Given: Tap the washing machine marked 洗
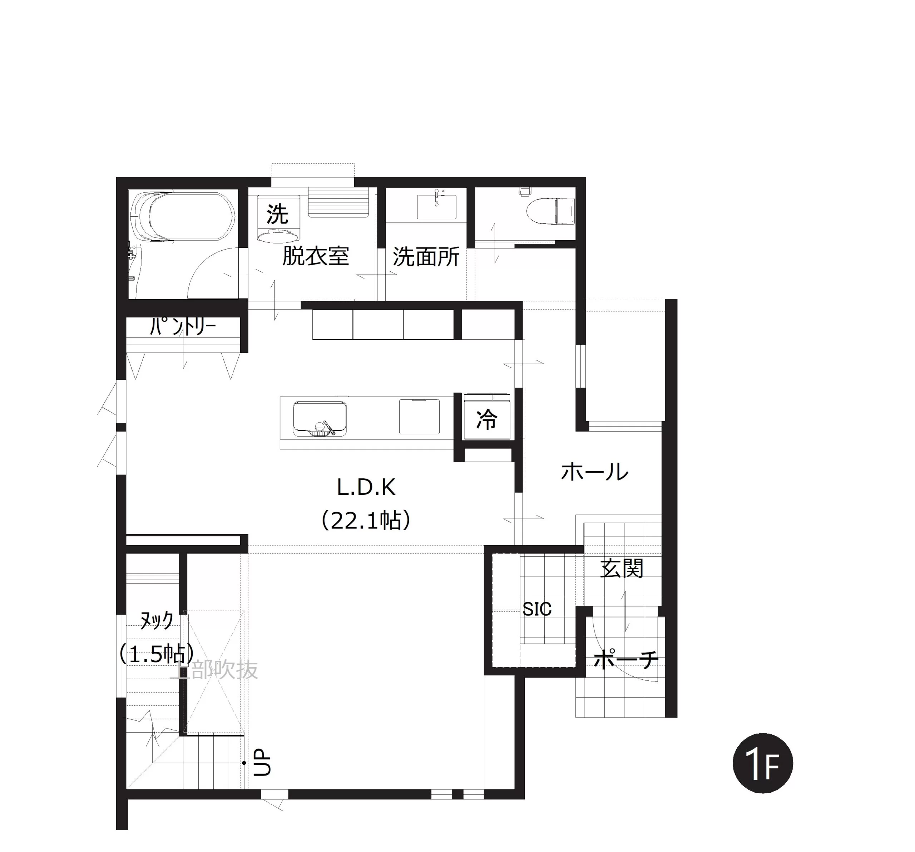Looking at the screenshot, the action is [278, 219].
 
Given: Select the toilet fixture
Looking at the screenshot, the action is [550, 210].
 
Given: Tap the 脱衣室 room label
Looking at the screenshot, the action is [316, 256].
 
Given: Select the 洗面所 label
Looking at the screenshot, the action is [426, 257].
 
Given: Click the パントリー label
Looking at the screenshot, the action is [183, 326].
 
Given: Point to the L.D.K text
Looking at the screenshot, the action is [366, 487].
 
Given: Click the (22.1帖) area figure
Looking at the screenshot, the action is [366, 521].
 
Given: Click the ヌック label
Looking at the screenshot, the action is [157, 620].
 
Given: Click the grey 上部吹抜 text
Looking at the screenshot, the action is [214, 670].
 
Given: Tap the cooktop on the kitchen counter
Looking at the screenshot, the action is [419, 417].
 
